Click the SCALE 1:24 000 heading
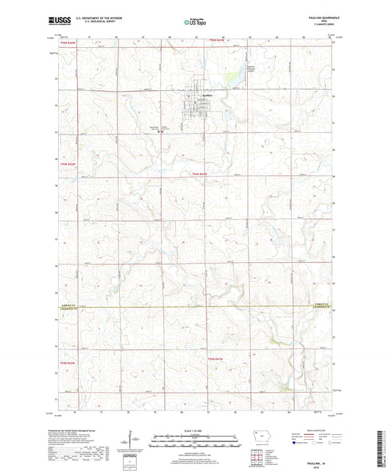(195, 430)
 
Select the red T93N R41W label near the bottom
(214, 358)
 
